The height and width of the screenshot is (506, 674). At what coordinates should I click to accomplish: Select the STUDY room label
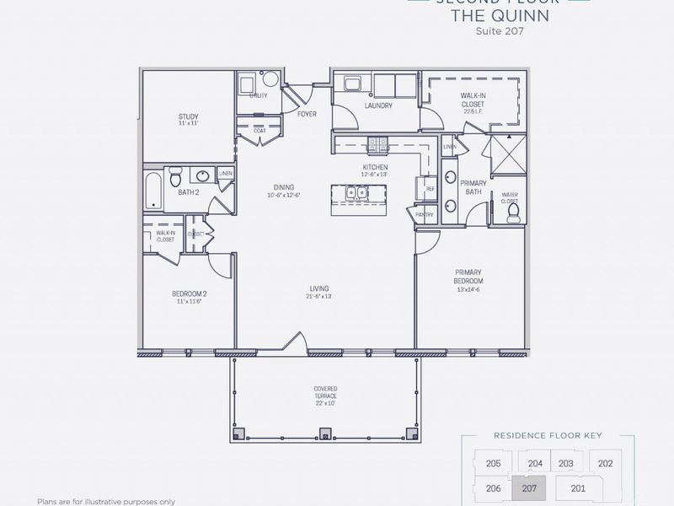(x=187, y=117)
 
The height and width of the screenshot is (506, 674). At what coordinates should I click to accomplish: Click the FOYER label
(x=308, y=114)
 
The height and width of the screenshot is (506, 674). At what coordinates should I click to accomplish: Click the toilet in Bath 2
(x=175, y=177)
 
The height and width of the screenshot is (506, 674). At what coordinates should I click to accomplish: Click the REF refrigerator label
(x=431, y=189)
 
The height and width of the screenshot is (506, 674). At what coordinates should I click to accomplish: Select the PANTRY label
(x=425, y=215)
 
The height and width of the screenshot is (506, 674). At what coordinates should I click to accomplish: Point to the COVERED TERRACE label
(x=324, y=394)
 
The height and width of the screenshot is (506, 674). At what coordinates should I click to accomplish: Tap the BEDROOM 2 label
(x=190, y=295)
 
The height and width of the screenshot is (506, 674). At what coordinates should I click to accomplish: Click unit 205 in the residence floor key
(x=494, y=464)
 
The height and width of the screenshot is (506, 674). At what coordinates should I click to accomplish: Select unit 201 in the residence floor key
(x=577, y=487)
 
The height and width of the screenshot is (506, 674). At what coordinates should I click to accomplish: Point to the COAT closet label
(x=259, y=132)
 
